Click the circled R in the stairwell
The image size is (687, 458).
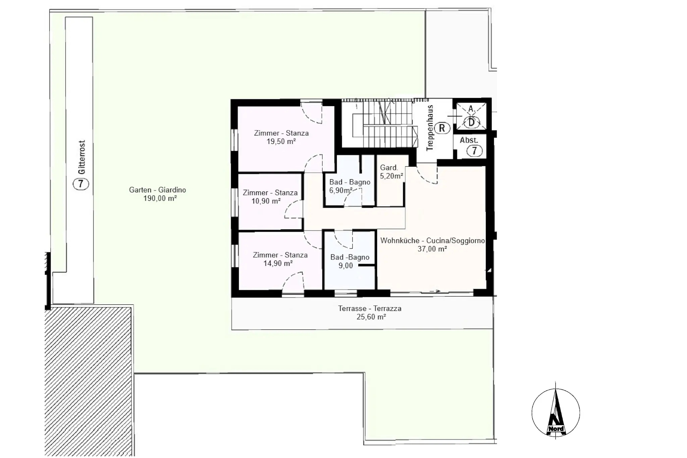[x=442, y=128]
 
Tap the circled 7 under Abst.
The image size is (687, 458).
[x=474, y=151]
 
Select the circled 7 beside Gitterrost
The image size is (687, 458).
[x=81, y=184]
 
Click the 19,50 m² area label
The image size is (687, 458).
[x=281, y=142]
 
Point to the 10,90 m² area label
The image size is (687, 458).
[x=266, y=201]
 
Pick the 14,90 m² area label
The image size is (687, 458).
[x=278, y=263]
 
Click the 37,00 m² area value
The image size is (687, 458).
[x=432, y=249]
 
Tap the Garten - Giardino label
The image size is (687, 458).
[x=157, y=190]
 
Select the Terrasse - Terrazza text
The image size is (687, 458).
[x=370, y=308]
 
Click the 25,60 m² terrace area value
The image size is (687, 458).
[x=371, y=317]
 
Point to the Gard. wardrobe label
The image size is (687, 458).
[x=389, y=167]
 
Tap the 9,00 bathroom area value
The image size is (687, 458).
[x=346, y=266]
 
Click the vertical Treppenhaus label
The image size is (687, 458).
[x=430, y=128]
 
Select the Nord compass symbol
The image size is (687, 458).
[x=556, y=412]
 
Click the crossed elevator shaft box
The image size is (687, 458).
[x=471, y=116]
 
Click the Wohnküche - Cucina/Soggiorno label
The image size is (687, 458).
[x=432, y=241]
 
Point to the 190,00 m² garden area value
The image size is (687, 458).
[x=160, y=198]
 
